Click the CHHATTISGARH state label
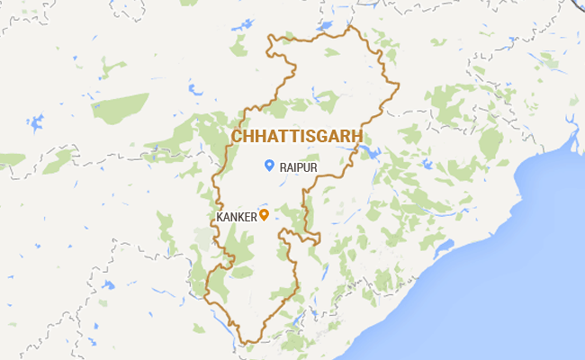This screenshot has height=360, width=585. click(297, 135)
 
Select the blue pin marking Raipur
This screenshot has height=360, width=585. click(269, 165)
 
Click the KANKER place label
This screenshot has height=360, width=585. click(237, 217)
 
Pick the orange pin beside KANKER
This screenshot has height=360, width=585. click(265, 215)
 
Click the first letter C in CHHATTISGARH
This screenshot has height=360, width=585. click(237, 135)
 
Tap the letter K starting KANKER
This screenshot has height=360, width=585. click(220, 217)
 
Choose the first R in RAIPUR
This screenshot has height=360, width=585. click(283, 166)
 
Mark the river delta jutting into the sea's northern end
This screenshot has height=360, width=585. click(569, 142)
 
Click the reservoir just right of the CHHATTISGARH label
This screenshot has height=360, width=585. click(370, 149)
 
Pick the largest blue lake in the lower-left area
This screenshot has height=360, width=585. click(108, 285)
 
